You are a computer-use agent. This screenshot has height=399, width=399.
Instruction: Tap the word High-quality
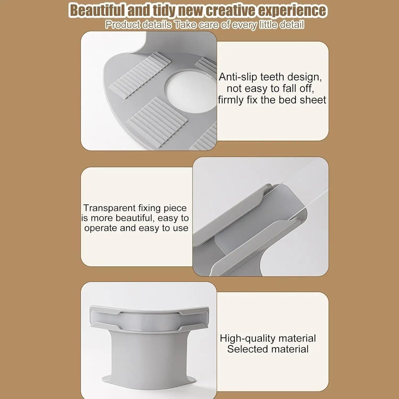click(248, 339)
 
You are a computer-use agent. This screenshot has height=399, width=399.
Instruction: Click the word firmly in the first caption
click(231, 100)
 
